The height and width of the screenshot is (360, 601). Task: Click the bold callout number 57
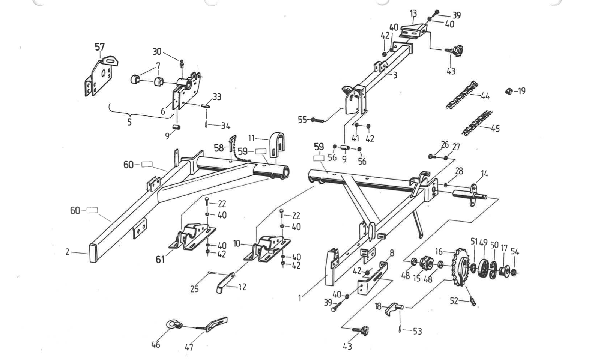click(99, 47)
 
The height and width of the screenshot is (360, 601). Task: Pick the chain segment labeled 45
click(476, 123)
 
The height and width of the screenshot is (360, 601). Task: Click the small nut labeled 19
click(509, 91)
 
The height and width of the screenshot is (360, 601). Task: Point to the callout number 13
click(413, 14)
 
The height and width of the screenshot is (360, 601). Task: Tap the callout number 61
click(160, 259)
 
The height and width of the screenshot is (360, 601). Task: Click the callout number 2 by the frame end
click(67, 252)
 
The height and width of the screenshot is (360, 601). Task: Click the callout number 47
click(189, 347)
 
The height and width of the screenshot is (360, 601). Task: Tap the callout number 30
click(157, 52)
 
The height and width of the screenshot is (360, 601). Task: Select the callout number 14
click(484, 174)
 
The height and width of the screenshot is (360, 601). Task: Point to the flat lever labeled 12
click(225, 282)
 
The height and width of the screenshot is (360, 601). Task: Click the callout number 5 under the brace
click(129, 122)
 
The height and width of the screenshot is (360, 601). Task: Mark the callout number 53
click(417, 331)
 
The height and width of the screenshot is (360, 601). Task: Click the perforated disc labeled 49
click(484, 267)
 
